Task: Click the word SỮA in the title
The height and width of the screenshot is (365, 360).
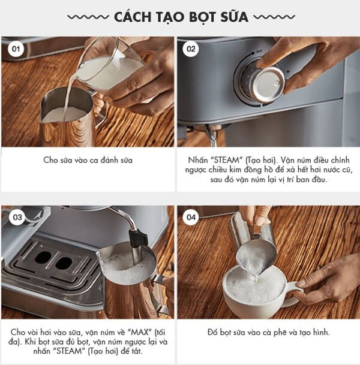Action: tap(229, 16)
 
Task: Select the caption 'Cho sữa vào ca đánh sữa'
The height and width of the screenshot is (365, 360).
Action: tap(87, 160)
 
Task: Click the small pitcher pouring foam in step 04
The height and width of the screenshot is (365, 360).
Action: tap(255, 246)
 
